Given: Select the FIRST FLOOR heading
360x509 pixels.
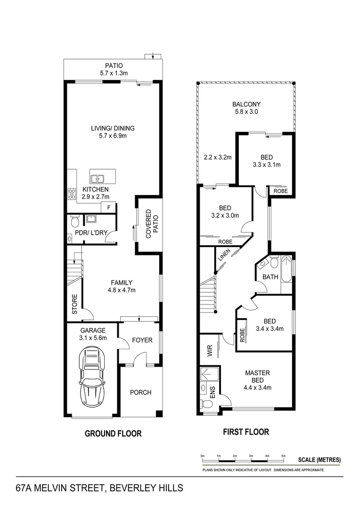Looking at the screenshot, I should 246,431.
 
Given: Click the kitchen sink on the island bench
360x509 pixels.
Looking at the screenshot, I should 98,179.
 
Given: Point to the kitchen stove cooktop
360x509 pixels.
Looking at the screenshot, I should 73,193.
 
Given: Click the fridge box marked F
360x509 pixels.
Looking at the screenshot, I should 109,207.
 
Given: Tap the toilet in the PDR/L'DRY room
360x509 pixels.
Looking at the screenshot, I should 74,222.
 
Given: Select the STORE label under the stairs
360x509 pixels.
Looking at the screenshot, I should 74,304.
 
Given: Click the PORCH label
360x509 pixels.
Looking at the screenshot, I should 140,392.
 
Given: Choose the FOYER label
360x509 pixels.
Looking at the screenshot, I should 142,340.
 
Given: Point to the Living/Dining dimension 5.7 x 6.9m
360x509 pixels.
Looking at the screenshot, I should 113,136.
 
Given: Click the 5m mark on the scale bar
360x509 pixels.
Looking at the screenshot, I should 283,456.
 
